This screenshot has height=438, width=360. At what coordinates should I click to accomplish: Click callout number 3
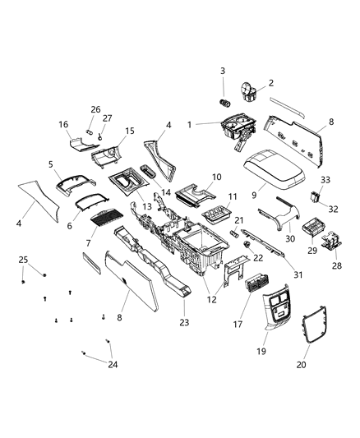(x=221, y=71)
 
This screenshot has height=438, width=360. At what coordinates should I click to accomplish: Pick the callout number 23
(x=183, y=322)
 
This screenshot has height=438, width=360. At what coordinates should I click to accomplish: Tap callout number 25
(x=23, y=260)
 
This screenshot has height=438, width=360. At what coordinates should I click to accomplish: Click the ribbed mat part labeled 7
(x=103, y=218)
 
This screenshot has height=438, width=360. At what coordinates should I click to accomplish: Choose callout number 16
(x=62, y=124)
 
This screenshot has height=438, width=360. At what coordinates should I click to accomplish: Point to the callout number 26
(x=95, y=109)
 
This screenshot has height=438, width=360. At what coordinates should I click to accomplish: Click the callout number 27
(x=107, y=118)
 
